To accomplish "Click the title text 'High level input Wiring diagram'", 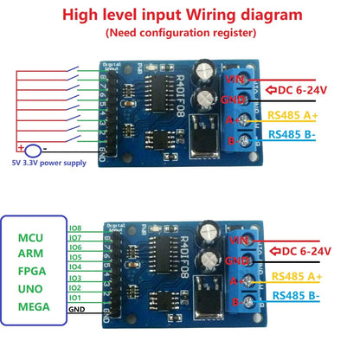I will [179, 15].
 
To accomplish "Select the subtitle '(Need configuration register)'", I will [179, 33].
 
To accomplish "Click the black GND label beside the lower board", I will [77, 309].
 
